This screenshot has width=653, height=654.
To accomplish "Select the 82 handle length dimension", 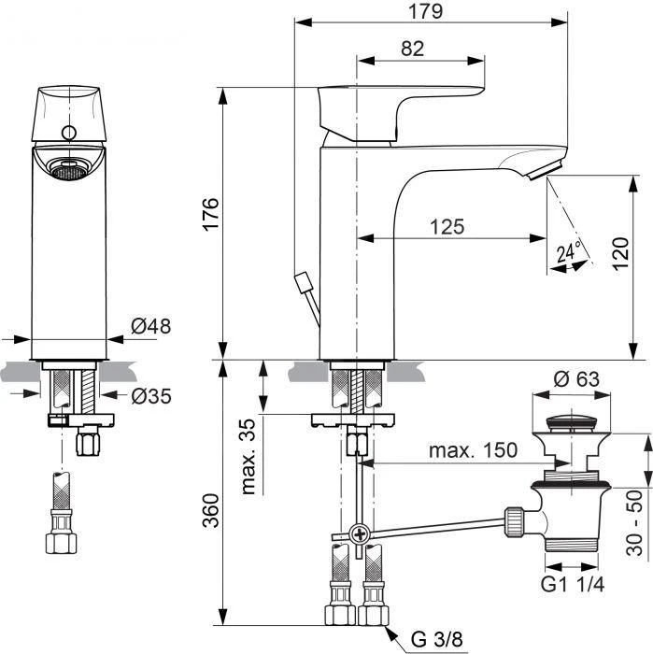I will coord(412,50).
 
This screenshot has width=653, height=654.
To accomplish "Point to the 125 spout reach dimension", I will coord(447,226).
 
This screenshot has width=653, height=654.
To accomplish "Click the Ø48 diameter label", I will coord(150,326).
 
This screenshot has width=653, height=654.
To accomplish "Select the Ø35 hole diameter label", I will coord(150,396).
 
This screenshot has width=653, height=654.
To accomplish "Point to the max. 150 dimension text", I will coord(473,450).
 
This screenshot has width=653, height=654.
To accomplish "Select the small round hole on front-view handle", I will coord(67,132).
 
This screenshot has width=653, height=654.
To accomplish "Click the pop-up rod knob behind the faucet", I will coord(301,281).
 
